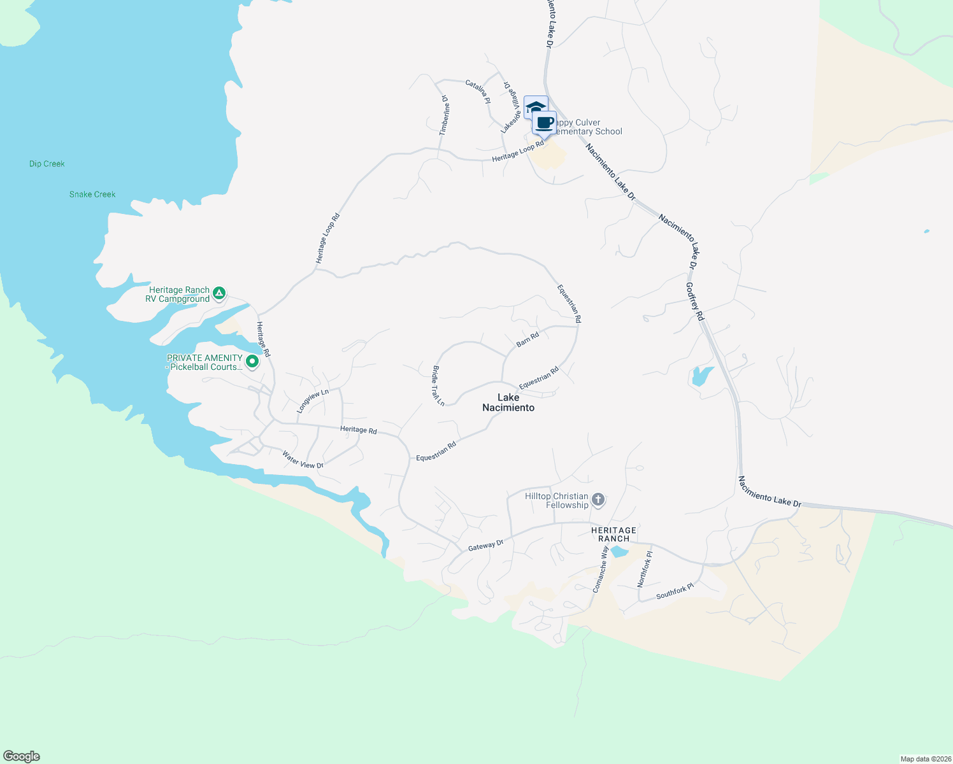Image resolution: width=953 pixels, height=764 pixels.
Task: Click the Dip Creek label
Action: (47, 164)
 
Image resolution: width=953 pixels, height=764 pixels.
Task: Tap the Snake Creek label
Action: (92, 194)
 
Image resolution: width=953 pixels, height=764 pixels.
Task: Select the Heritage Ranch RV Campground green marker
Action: (219, 293)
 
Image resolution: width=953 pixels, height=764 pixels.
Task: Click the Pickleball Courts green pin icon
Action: (252, 362)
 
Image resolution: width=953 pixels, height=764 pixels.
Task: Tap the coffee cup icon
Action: (544, 122)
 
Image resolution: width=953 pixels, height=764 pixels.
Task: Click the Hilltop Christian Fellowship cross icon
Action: (598, 499)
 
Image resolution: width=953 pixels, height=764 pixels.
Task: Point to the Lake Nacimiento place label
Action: (508, 402)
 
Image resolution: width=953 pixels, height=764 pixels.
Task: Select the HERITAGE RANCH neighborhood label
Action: (613, 534)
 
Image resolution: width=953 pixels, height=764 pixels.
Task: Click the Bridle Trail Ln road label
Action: (438, 386)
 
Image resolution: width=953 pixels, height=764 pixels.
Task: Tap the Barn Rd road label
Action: (527, 339)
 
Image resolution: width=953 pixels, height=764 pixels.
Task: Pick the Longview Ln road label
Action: (313, 401)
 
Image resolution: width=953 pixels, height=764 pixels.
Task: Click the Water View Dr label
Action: (303, 460)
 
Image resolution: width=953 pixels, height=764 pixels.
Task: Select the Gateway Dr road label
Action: (485, 545)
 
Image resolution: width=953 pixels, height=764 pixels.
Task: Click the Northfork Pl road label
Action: (645, 569)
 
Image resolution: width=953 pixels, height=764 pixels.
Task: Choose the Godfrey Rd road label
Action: (694, 302)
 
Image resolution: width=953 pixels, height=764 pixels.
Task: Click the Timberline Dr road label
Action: (445, 115)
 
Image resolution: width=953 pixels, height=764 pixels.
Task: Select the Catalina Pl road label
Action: (478, 92)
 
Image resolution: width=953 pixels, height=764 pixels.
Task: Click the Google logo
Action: (22, 756)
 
